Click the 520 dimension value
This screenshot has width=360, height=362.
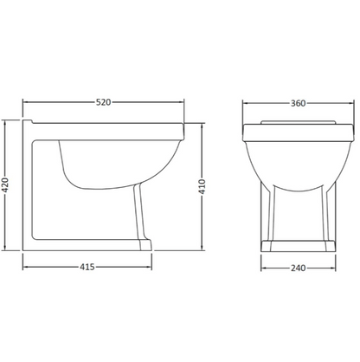(103, 102)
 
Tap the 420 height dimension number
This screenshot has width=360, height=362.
(5, 185)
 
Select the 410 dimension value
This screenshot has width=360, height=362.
(202, 186)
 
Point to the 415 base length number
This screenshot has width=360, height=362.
(87, 267)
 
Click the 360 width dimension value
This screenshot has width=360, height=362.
(298, 103)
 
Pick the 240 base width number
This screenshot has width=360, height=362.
(298, 268)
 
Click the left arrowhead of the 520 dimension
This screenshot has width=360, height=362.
(25, 102)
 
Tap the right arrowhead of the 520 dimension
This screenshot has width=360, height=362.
(182, 102)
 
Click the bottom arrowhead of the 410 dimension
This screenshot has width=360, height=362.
(202, 248)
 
